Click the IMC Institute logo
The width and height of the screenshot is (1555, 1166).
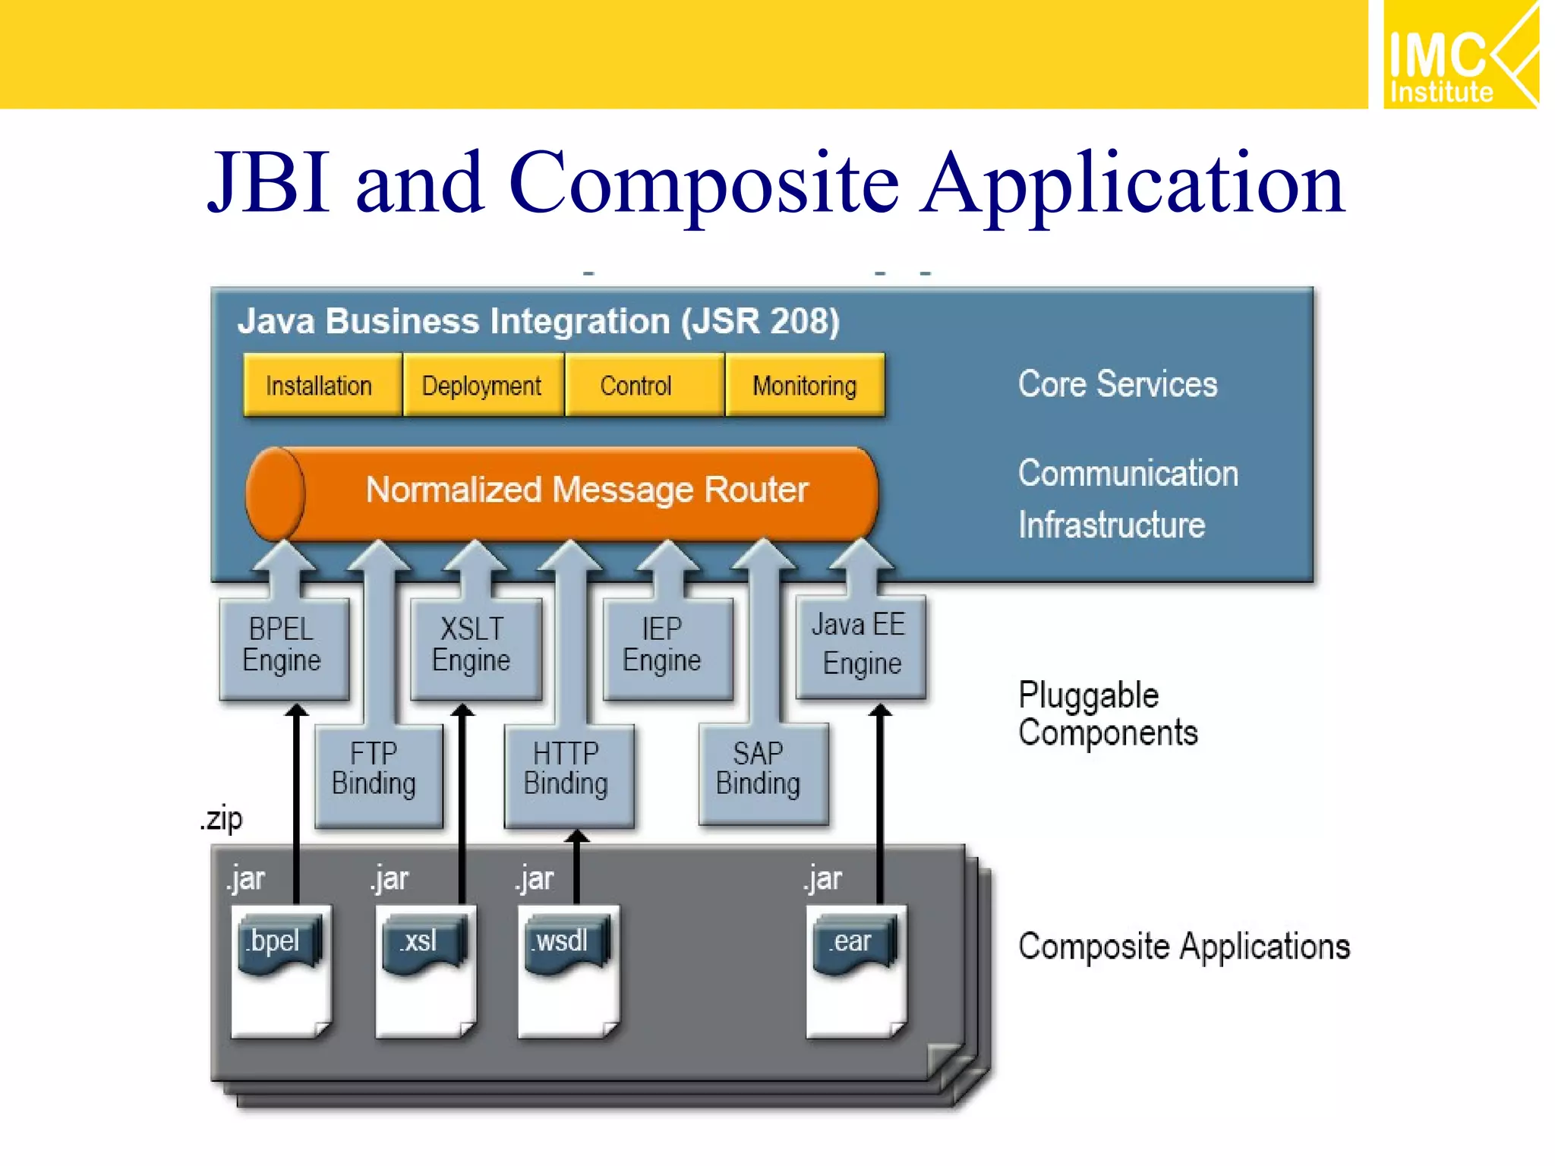pos(1459,55)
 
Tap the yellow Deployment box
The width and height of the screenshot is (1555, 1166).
pos(483,385)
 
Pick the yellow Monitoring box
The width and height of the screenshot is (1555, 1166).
pos(804,385)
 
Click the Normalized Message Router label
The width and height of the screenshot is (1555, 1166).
pos(586,490)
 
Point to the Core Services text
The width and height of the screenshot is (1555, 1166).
pos(1117,384)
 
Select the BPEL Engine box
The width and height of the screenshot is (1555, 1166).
pos(283,647)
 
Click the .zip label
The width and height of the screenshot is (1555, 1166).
pos(222,819)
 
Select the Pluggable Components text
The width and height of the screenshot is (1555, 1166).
pos(1107,714)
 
